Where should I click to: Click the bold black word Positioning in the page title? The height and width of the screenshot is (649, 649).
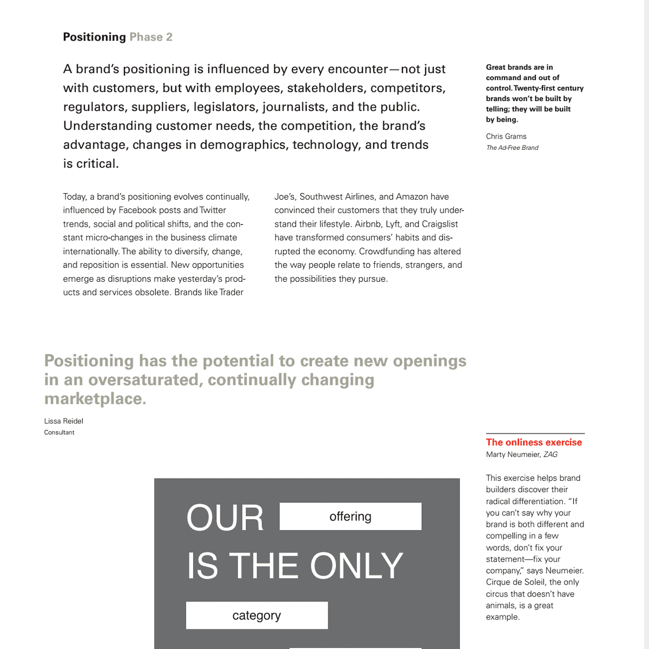pos(94,37)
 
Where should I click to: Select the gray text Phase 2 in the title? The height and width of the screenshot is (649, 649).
pos(151,37)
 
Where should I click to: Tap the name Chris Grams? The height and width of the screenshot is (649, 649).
pos(506,136)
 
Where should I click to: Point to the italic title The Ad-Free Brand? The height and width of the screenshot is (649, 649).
pos(512,148)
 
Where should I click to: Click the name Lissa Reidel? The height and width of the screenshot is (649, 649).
pos(63,421)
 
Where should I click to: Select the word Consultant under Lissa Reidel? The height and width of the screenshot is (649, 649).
pos(59,432)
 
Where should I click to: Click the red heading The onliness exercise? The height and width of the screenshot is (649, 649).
pos(533,442)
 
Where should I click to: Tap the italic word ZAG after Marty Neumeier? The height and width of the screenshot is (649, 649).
pos(551,454)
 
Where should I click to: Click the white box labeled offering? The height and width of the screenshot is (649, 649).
pos(350,516)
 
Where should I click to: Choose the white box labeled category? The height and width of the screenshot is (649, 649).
pos(256,615)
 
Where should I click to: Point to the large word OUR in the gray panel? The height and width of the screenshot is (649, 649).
pos(224,518)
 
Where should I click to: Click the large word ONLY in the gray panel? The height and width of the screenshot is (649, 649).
pos(356,566)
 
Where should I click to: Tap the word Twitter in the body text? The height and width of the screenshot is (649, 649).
pos(213,210)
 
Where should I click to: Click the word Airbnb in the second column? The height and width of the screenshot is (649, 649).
pos(368,224)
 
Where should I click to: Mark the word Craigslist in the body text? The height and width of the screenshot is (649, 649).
pos(440,224)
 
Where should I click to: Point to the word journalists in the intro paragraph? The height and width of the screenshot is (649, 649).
pos(294,107)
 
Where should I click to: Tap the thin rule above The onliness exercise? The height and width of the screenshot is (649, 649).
pos(535,433)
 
